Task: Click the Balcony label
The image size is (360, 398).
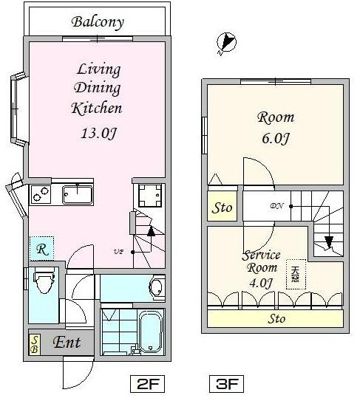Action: (97, 21)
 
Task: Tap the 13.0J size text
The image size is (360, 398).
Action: (96, 134)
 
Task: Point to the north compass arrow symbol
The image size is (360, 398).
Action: (226, 44)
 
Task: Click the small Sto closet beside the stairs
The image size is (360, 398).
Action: (222, 207)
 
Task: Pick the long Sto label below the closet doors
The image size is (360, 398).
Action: (276, 319)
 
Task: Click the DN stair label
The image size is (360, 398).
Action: (277, 207)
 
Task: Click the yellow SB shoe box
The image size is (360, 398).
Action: (35, 344)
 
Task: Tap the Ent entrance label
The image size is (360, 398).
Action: (67, 343)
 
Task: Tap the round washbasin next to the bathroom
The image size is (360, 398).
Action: (156, 287)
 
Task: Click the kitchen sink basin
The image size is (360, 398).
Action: (77, 195)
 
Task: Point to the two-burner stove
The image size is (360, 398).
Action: (40, 195)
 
